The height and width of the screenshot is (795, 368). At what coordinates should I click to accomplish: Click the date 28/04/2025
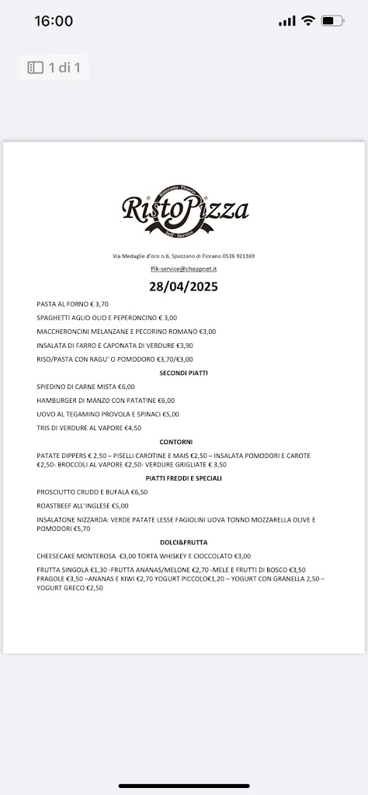[x=184, y=286]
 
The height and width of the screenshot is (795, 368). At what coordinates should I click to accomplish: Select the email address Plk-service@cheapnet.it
[x=184, y=269]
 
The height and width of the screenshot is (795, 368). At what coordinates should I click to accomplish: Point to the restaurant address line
[x=184, y=255]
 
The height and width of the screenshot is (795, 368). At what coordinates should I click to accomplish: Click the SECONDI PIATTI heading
[x=184, y=373]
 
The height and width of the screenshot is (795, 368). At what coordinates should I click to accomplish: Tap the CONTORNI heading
[x=184, y=442]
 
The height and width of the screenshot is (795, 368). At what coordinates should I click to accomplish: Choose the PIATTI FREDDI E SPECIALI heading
[x=184, y=478]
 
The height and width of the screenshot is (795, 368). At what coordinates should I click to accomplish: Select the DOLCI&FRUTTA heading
[x=184, y=542]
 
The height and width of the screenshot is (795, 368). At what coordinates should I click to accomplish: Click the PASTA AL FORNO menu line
[x=72, y=304]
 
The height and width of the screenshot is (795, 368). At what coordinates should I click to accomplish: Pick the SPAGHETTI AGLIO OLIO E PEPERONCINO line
[x=107, y=318]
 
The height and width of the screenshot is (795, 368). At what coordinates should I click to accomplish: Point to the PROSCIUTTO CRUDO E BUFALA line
[x=92, y=492]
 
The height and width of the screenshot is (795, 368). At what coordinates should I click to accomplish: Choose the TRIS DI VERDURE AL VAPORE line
[x=89, y=428]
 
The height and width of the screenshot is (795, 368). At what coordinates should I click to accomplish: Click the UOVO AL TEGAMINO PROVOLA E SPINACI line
[x=108, y=414]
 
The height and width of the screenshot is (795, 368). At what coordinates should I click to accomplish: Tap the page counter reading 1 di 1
[x=54, y=68]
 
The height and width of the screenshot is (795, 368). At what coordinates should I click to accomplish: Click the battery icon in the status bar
[x=333, y=21]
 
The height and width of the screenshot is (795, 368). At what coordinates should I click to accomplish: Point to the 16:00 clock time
[x=54, y=21]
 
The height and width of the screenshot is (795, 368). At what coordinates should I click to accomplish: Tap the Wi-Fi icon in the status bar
[x=308, y=21]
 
